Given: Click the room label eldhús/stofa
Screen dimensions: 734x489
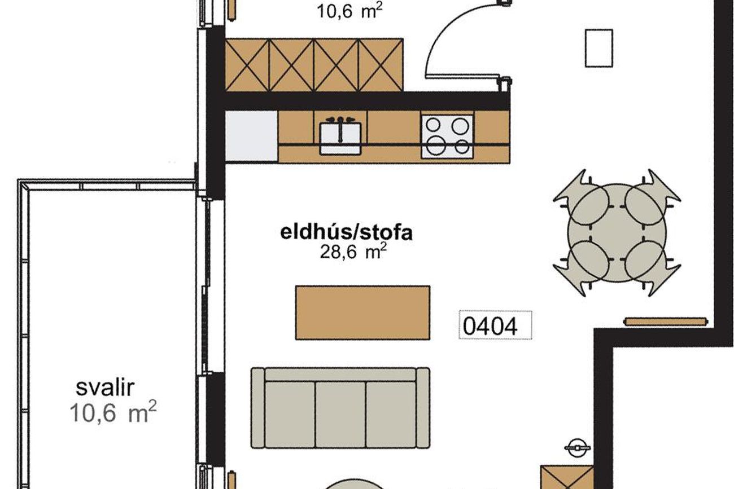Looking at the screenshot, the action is pyautogui.click(x=346, y=232).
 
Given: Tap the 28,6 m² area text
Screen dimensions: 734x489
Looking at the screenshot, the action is pyautogui.click(x=353, y=252).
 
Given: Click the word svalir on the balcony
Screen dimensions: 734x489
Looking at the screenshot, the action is pyautogui.click(x=105, y=387).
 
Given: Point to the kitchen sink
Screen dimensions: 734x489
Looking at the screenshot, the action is pyautogui.click(x=340, y=138).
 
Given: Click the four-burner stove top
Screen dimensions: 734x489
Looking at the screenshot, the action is pyautogui.click(x=447, y=136).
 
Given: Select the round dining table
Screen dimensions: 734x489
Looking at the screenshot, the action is pyautogui.click(x=617, y=233).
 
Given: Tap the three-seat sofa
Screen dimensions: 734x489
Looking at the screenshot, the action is pyautogui.click(x=340, y=408).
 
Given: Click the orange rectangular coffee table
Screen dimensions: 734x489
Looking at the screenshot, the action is pyautogui.click(x=362, y=312).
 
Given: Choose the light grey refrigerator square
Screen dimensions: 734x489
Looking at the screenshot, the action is pyautogui.click(x=251, y=136).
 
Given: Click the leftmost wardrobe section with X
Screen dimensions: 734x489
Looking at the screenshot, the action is pyautogui.click(x=247, y=65).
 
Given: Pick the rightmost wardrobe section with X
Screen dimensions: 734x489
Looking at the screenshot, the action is pyautogui.click(x=381, y=65).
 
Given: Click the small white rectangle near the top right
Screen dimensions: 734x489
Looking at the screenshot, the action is pyautogui.click(x=599, y=48).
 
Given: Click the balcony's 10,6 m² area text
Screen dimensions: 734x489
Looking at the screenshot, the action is pyautogui.click(x=113, y=412).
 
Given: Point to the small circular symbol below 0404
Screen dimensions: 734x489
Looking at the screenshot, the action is pyautogui.click(x=578, y=447).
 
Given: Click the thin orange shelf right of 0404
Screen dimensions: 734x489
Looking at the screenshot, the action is pyautogui.click(x=666, y=321).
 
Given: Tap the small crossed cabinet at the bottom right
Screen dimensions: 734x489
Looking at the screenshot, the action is pyautogui.click(x=567, y=477).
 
